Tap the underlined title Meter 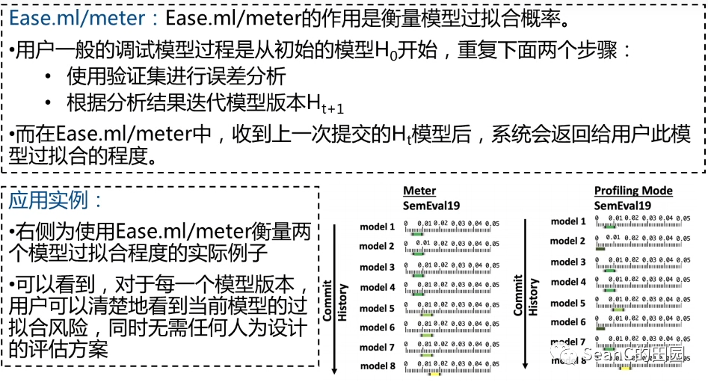[419, 191]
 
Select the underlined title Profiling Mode [633, 191]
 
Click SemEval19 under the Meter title [431, 206]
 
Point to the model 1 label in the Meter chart [377, 227]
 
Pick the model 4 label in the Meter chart [377, 287]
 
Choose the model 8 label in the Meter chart [377, 366]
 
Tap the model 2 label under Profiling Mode [568, 241]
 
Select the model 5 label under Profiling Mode [568, 304]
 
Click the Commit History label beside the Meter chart [335, 299]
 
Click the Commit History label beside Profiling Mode [526, 296]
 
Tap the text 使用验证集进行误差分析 [176, 76]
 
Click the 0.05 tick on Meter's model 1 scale [494, 223]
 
